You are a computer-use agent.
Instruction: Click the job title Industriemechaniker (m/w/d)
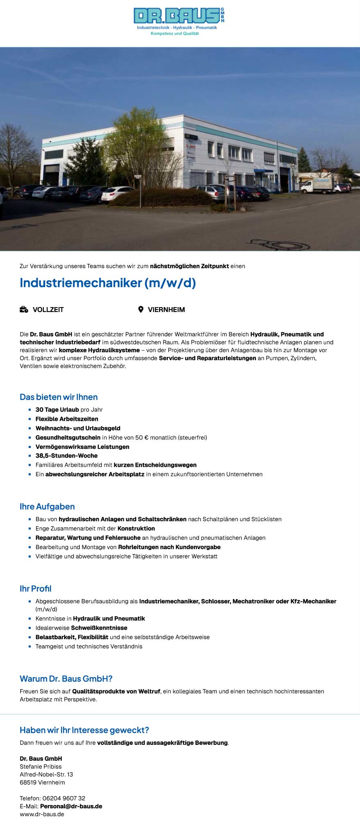pyautogui.click(x=108, y=283)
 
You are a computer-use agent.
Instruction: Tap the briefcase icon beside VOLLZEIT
pyautogui.click(x=24, y=310)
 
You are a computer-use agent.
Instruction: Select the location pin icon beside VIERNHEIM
pyautogui.click(x=140, y=310)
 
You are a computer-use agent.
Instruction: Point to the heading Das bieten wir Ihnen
pyautogui.click(x=59, y=397)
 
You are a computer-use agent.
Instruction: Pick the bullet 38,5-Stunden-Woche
pyautogui.click(x=66, y=455)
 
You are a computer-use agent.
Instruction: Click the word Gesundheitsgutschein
pyautogui.click(x=68, y=437)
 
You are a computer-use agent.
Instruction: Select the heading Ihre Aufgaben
pyautogui.click(x=47, y=507)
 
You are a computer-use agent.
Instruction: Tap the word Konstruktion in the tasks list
pyautogui.click(x=136, y=528)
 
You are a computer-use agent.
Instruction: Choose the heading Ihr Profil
pyautogui.click(x=36, y=588)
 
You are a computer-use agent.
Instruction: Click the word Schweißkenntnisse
pyautogui.click(x=99, y=628)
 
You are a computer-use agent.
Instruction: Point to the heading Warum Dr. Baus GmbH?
pyautogui.click(x=66, y=679)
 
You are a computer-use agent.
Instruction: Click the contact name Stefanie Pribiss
pyautogui.click(x=41, y=767)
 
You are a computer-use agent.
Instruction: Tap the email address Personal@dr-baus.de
pyautogui.click(x=71, y=806)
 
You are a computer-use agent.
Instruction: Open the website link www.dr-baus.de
pyautogui.click(x=42, y=814)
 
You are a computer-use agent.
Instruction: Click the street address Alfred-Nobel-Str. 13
pyautogui.click(x=46, y=774)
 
